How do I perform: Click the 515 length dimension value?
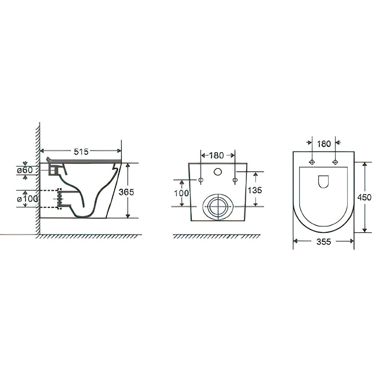81,151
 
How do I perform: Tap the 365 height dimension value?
126,192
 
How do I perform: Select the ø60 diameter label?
25,170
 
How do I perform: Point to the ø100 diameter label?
28,199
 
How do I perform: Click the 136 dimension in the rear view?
255,190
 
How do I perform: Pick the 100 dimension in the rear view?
182,193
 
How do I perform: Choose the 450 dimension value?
364,197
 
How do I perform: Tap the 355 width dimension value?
324,242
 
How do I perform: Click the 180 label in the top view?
324,144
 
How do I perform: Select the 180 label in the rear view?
217,155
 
